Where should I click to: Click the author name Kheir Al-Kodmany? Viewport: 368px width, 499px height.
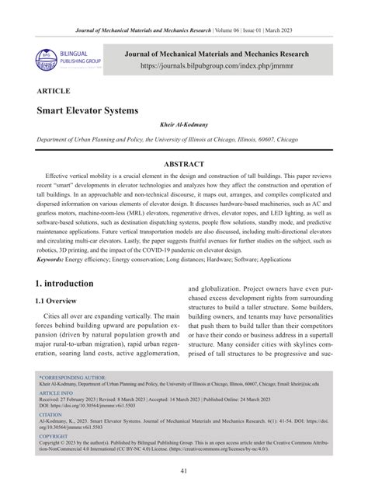pos(184,125)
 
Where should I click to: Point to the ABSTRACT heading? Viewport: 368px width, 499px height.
pos(184,165)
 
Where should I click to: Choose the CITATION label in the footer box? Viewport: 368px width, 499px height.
pos(49,437)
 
